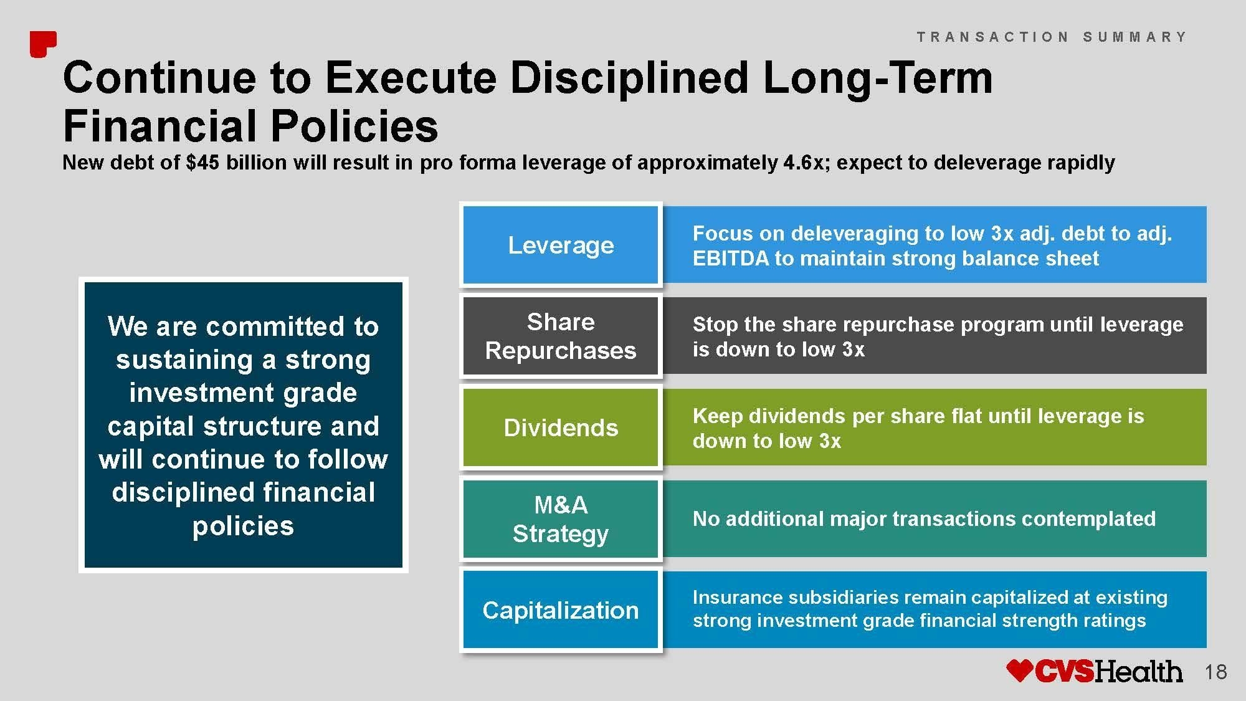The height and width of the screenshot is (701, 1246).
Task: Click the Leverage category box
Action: point(561,245)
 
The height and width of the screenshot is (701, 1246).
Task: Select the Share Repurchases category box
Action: point(561,336)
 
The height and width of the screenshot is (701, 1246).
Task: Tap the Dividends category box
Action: point(561,427)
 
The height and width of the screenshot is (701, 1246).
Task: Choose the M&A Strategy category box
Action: point(561,519)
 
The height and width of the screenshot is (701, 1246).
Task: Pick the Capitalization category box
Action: point(561,610)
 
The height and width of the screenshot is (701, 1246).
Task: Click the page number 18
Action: point(1215,672)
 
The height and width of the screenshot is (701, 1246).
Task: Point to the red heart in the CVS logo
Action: point(1020,671)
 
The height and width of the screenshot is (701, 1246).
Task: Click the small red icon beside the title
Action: point(43,44)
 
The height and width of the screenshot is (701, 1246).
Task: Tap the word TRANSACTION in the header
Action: point(992,37)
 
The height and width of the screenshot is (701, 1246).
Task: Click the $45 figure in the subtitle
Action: point(202,163)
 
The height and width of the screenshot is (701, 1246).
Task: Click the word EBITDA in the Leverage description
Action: point(731,259)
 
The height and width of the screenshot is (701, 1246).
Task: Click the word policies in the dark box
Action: point(243,527)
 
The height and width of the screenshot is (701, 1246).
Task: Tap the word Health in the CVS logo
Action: point(1138,672)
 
